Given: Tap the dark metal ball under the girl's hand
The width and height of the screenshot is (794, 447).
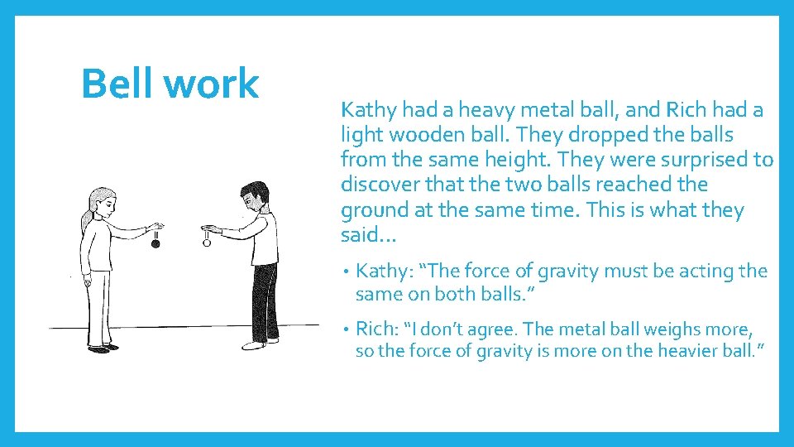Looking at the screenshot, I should click(155, 243).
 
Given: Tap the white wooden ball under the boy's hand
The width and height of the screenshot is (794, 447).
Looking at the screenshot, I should click(207, 243).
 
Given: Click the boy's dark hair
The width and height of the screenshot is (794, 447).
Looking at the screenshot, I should click(254, 191).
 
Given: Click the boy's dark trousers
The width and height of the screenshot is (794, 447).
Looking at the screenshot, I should click(265, 302).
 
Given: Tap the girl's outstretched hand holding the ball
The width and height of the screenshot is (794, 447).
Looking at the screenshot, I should click(154, 225).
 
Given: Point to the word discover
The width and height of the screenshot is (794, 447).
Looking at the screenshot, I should click(377, 184).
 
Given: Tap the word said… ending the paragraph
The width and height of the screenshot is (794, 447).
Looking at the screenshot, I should click(369, 235).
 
